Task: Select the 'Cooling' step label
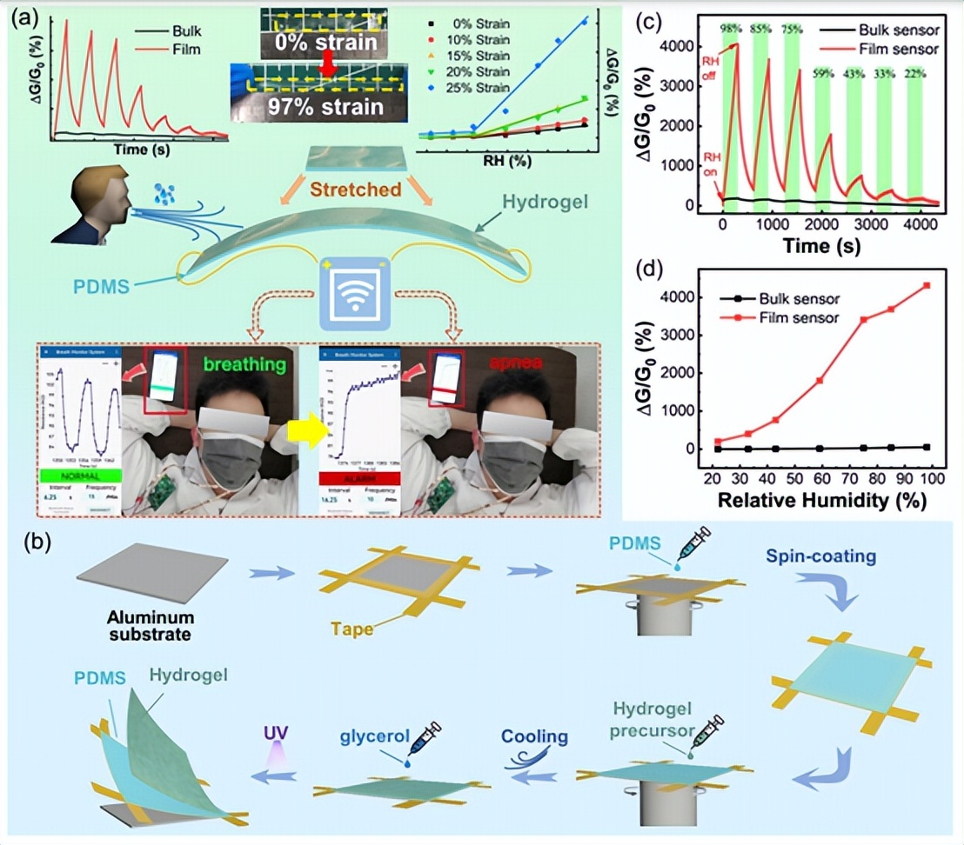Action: click(x=533, y=736)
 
